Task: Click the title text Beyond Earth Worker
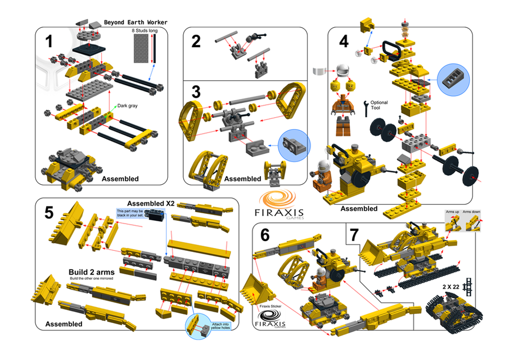(x=135, y=23)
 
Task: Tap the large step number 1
(x=49, y=42)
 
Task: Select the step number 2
(x=196, y=42)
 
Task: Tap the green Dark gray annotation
(x=128, y=105)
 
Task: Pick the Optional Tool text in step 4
(x=379, y=105)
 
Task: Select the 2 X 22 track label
(x=452, y=287)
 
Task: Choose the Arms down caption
(x=471, y=211)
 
